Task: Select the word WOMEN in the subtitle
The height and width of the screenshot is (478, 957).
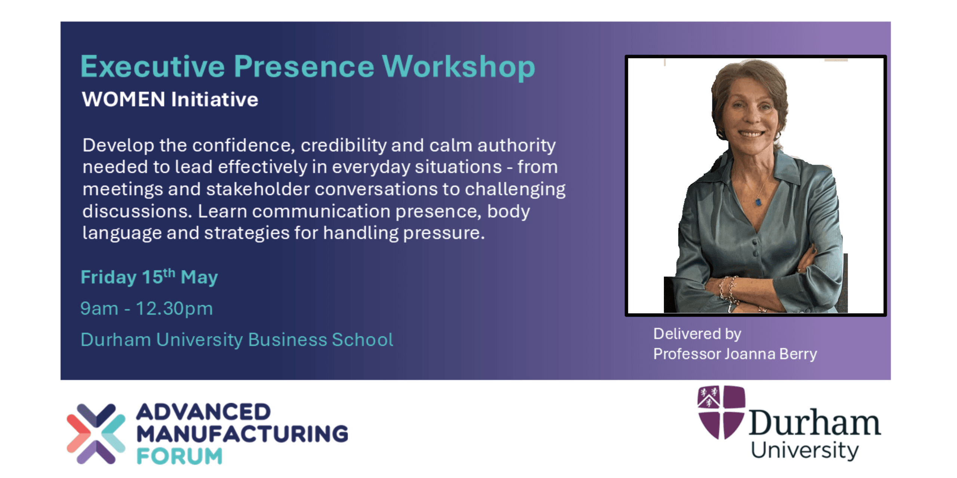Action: pos(123,99)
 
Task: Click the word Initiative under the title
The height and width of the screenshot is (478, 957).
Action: pos(215,100)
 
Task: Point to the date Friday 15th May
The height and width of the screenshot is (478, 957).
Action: pos(149,277)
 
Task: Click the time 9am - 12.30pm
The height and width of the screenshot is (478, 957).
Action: pos(147,308)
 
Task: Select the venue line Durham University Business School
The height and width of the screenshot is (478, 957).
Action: pos(237,340)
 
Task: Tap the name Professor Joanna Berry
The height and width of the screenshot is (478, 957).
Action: pos(735,354)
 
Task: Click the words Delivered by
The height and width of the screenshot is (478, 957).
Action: pos(697,333)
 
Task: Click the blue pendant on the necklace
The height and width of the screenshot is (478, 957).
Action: pos(758,202)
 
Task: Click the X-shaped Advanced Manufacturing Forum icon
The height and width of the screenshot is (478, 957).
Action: pos(96,434)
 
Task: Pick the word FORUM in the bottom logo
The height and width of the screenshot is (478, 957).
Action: pos(179,456)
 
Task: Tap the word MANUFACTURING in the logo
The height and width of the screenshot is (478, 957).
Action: pos(242,434)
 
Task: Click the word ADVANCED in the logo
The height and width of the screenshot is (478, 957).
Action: pos(203,412)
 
